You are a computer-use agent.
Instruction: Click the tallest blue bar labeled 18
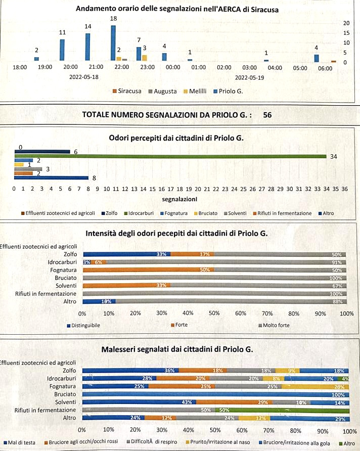tap(113, 42)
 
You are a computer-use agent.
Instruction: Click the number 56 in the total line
tap(267, 115)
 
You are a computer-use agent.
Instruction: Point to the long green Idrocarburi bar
tap(172, 156)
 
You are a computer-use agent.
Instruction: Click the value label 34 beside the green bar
tap(334, 157)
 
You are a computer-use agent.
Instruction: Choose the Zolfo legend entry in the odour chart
tap(111, 213)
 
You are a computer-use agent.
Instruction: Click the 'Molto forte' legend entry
tap(276, 325)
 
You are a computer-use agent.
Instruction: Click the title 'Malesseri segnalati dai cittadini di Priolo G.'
tap(177, 349)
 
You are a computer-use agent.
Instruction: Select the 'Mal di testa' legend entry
tap(20, 442)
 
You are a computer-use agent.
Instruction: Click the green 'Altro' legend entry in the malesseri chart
tap(348, 442)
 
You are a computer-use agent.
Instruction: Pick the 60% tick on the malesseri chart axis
tap(242, 431)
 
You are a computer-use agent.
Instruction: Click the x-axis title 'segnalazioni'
tap(179, 199)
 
